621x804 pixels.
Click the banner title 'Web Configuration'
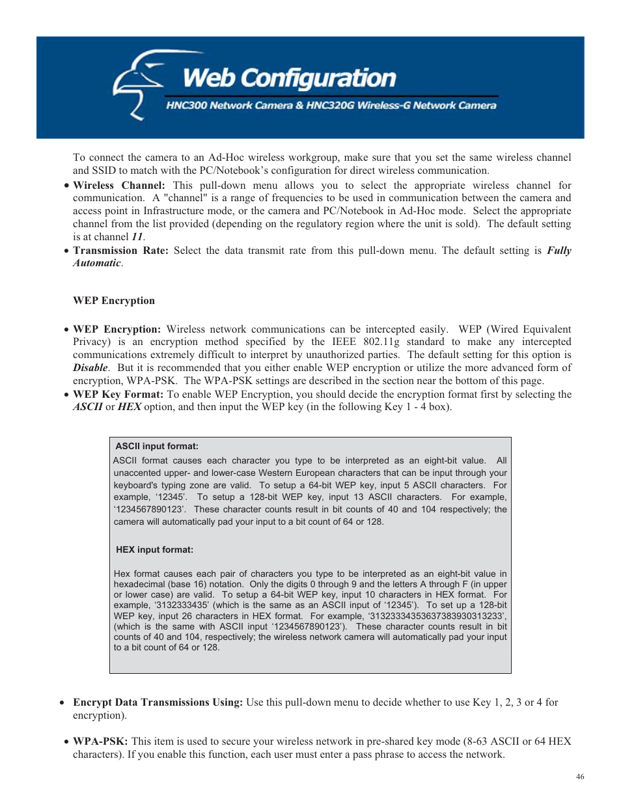289,78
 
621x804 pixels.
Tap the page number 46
580,776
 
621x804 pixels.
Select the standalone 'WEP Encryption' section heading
114,301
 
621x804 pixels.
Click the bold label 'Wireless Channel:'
118,186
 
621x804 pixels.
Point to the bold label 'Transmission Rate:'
120,251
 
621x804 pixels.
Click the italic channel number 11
137,237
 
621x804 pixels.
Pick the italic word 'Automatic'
96,263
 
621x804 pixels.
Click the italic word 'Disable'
90,368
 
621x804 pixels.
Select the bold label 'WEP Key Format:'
118,395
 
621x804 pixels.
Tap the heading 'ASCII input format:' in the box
157,446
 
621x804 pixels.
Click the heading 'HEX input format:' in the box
154,549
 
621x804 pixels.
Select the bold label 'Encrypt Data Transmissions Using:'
158,702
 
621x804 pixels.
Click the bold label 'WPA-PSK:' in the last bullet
100,742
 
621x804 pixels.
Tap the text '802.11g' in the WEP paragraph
381,342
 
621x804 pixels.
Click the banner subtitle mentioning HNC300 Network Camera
331,105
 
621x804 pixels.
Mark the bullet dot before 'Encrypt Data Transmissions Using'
62,703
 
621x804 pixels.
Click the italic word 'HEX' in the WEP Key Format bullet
130,407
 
